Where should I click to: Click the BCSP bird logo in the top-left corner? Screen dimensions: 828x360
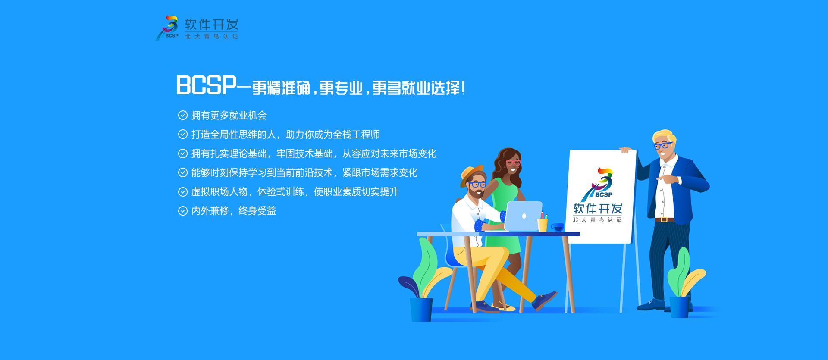pos(167,28)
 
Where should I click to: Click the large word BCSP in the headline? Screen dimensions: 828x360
pos(206,85)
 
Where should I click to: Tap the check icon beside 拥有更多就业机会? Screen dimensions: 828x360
pos(183,115)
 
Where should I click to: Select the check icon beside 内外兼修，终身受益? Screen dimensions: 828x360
pos(183,211)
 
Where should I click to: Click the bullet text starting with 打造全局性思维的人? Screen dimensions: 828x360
pos(285,135)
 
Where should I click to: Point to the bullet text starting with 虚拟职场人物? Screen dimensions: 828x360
pos(295,192)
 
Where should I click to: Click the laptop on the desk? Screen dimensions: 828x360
pos(523,216)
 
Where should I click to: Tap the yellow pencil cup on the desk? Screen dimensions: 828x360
pos(543,224)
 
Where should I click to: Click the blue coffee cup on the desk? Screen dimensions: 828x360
pos(557,227)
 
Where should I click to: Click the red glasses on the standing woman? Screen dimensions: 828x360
pos(513,163)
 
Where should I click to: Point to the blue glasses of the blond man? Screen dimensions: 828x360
pos(663,145)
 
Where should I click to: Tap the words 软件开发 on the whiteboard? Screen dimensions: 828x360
pos(598,209)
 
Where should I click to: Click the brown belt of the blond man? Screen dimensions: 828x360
pos(664,219)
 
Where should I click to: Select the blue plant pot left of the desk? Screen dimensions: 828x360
pos(421,310)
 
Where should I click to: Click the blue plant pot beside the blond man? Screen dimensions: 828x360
pos(679,307)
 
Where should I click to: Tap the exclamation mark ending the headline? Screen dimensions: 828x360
pos(463,88)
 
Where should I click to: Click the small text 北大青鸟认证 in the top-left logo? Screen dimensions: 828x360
pos(211,37)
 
